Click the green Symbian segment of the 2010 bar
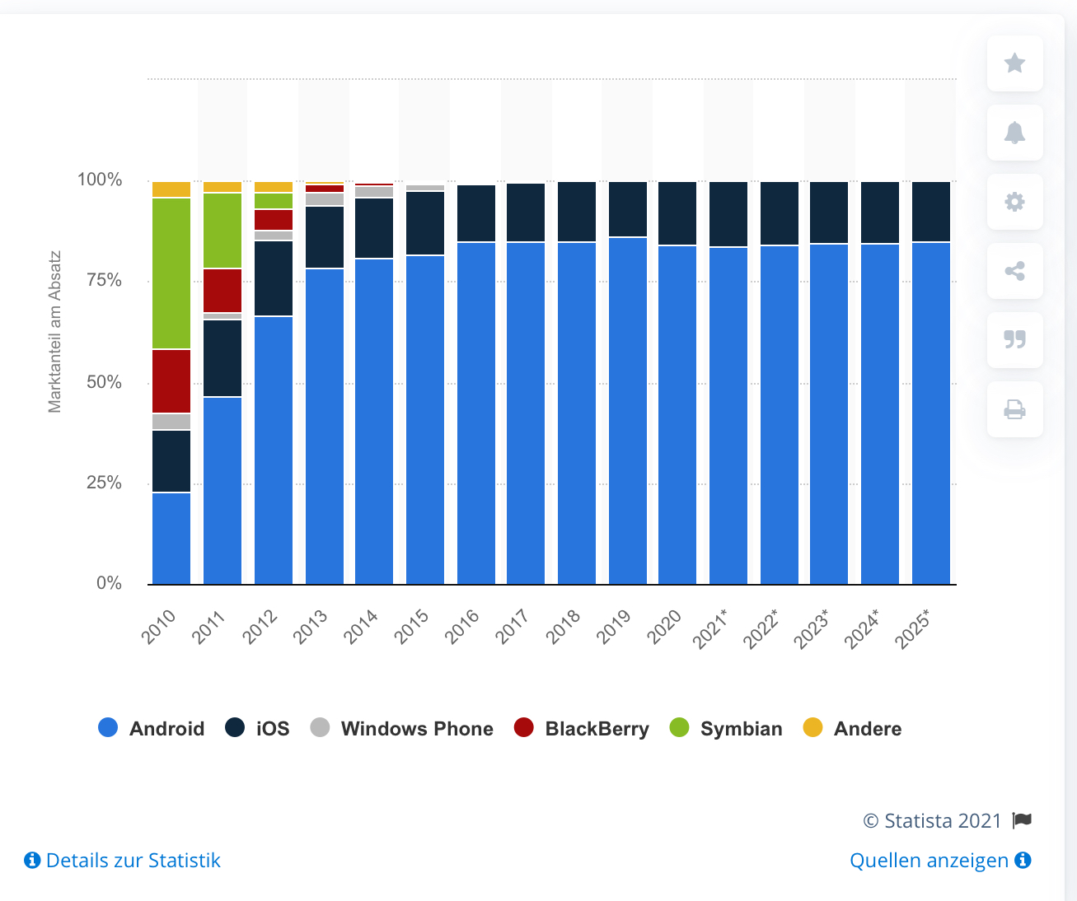(x=171, y=273)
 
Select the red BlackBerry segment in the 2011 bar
(x=222, y=290)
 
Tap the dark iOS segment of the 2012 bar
(x=274, y=278)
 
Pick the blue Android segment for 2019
(x=628, y=412)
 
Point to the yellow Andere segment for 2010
(x=171, y=189)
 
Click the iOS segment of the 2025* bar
(x=931, y=212)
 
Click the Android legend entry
(x=152, y=729)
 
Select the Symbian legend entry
(x=726, y=729)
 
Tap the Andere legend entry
(x=852, y=729)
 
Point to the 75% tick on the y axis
(x=104, y=281)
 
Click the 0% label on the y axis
(x=109, y=583)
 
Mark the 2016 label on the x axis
(x=462, y=627)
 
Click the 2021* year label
(x=710, y=629)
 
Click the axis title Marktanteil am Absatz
(x=55, y=331)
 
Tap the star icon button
(x=1015, y=63)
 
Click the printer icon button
(x=1015, y=409)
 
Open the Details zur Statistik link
(x=123, y=861)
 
